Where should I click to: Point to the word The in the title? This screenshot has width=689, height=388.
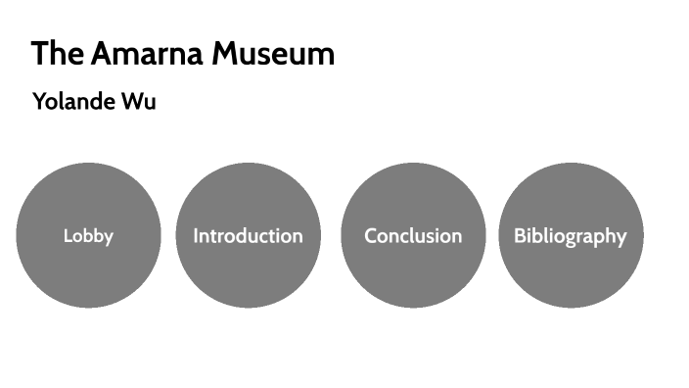point(57,54)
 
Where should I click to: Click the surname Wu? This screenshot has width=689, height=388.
point(139,101)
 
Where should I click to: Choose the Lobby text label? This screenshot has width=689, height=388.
point(88,236)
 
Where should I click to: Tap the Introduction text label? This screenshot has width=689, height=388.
point(248,236)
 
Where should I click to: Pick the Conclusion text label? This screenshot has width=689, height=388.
point(412,236)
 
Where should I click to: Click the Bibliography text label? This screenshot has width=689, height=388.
point(570,236)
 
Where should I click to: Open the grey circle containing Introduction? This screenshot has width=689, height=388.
point(248,274)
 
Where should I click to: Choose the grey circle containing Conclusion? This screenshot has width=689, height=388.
point(412,274)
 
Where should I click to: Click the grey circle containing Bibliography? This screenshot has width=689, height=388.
point(570,274)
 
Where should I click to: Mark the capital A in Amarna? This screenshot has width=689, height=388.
point(104,54)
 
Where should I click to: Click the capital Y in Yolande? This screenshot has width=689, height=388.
point(39,101)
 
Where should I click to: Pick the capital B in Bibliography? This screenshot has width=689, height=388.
point(520,236)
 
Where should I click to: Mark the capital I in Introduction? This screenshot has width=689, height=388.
point(196,236)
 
